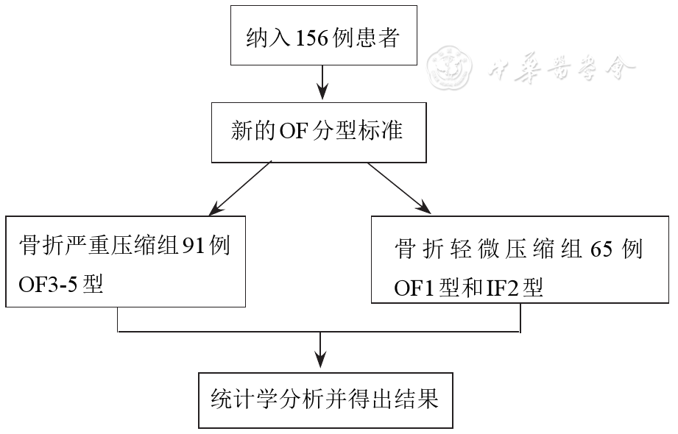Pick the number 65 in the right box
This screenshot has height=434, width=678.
(601, 249)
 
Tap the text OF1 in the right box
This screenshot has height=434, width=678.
(415, 288)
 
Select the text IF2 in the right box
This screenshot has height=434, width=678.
(501, 288)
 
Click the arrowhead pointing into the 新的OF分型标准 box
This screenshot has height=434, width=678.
(322, 92)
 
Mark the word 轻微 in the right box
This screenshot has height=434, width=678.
(482, 249)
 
